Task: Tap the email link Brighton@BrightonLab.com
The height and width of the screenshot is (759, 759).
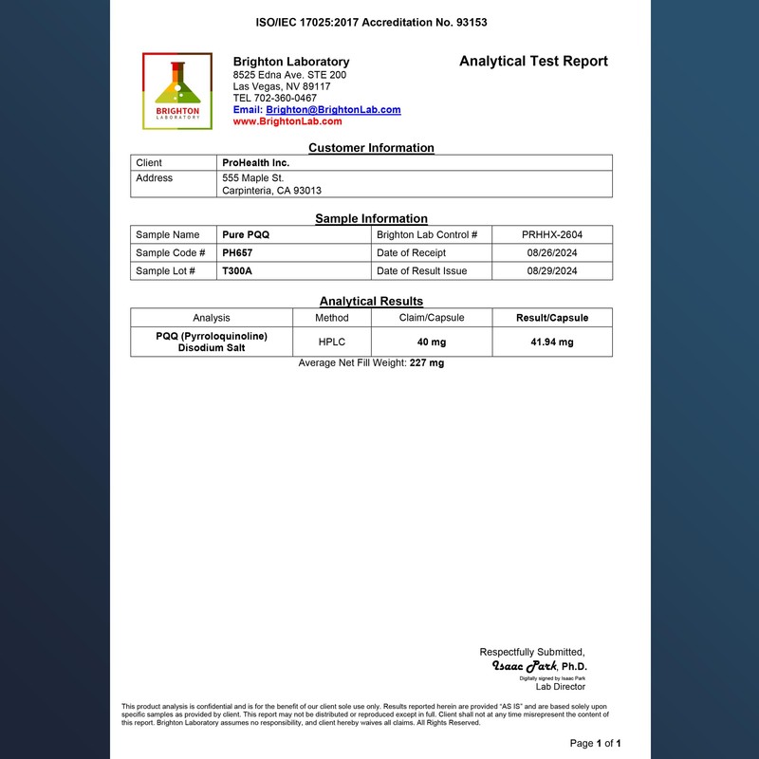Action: coord(333,110)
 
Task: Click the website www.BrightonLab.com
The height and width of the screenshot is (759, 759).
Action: coord(287,121)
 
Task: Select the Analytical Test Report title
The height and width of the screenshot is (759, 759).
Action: coord(533,62)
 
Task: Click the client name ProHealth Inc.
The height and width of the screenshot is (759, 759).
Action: coord(255,163)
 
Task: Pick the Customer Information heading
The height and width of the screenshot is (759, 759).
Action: coord(371,148)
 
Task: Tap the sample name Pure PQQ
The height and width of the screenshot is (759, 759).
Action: coord(246,234)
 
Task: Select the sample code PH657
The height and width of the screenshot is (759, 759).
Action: coord(237,253)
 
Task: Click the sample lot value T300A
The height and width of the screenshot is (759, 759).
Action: coord(237,271)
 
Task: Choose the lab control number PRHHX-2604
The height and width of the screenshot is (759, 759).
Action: coord(551,234)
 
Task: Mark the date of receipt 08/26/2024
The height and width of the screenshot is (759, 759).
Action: coord(551,253)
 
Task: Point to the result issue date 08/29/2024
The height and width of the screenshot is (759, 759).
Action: coord(551,271)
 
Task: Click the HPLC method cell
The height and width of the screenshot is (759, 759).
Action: coord(332,342)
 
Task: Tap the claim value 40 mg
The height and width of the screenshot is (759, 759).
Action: coord(432,342)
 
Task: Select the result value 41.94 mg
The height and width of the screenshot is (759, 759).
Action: coord(551,342)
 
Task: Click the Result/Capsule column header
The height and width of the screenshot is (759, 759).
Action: coord(551,318)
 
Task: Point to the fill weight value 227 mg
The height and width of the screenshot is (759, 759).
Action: coord(427,363)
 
